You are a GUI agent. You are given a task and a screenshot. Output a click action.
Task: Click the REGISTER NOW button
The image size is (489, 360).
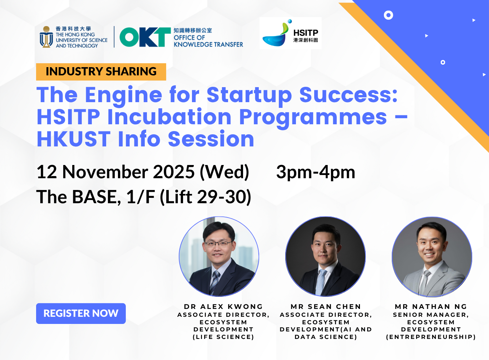click(x=81, y=313)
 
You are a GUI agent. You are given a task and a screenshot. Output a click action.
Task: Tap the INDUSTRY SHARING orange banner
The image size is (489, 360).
click(x=101, y=71)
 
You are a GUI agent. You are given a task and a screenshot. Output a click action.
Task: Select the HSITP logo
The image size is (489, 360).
click(x=290, y=33)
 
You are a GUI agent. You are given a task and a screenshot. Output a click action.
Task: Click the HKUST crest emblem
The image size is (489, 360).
click(x=46, y=37)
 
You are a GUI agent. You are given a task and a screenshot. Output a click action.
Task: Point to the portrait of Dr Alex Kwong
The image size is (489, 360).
click(x=219, y=256)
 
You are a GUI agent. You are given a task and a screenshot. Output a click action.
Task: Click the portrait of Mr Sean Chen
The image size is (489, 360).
click(x=325, y=256)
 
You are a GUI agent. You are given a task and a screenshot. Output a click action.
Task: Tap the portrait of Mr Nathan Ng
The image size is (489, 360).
click(x=432, y=256)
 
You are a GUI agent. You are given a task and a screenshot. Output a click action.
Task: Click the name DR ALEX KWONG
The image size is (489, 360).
click(x=223, y=306)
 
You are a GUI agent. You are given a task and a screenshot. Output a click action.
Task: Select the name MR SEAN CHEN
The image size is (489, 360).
click(x=326, y=306)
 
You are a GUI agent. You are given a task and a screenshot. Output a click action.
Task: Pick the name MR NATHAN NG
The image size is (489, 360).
click(x=431, y=306)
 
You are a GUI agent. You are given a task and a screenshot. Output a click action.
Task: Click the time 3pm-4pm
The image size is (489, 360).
click(x=315, y=172)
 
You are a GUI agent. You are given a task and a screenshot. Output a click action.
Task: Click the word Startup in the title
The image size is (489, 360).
click(x=249, y=95)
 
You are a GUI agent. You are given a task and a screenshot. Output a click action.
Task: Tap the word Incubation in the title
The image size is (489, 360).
click(x=169, y=117)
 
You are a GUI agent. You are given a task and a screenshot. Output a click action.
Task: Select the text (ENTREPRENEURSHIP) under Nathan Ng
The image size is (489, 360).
click(x=431, y=337)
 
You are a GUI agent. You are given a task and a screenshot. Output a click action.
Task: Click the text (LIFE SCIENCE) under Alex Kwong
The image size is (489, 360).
click(x=223, y=337)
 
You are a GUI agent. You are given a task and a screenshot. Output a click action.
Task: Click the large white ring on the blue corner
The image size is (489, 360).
click(x=388, y=15)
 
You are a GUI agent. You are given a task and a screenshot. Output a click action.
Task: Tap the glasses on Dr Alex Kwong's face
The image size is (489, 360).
click(x=218, y=244)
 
